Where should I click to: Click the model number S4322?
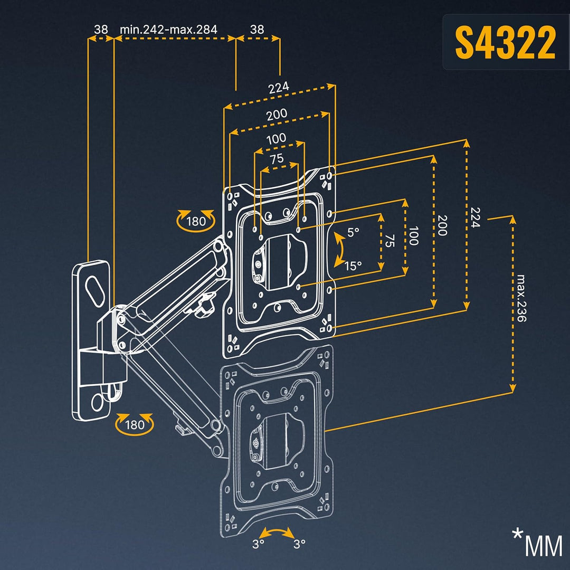505,43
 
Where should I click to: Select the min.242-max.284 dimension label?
168,29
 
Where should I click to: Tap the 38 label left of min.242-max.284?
101,29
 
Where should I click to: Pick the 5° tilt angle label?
353,231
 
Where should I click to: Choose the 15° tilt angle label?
354,265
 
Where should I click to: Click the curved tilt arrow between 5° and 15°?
338,249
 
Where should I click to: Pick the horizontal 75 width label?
277,158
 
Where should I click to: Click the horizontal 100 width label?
276,138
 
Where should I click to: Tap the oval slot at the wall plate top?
94,290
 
